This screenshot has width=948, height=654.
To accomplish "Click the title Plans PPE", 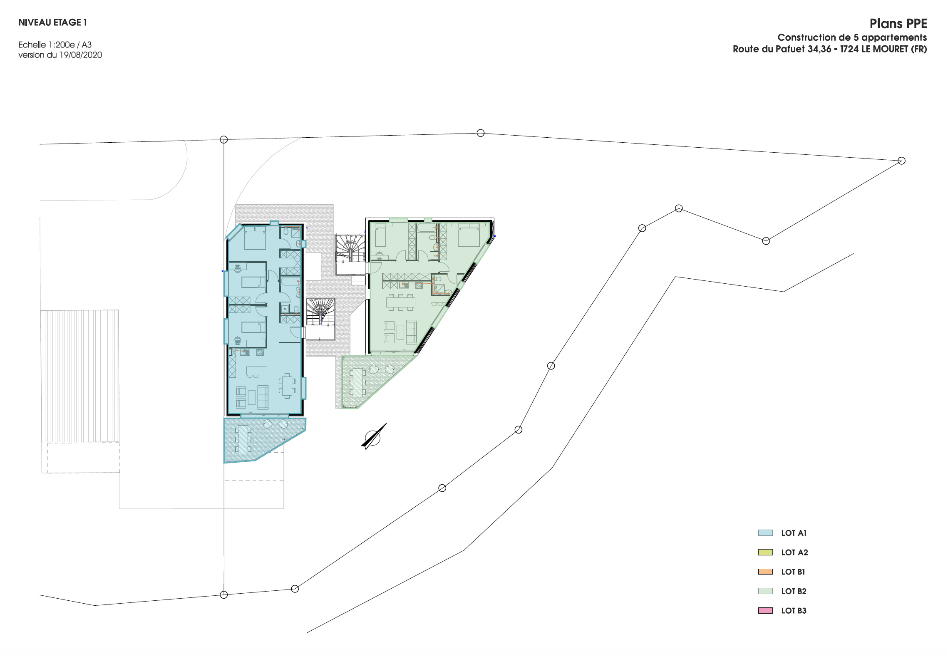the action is coord(898,24).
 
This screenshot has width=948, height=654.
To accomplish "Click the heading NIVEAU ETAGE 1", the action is coord(52,22).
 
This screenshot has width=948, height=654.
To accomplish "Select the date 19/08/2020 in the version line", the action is coord(81,55).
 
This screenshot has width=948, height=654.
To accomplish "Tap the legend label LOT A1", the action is coord(794,533).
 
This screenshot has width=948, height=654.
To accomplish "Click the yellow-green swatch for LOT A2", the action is coord(765,552).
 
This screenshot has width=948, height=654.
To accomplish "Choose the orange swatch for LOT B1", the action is coord(765,572).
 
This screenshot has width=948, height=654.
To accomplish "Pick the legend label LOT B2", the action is coord(794,591).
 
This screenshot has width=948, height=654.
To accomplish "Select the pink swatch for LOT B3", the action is coord(765,610).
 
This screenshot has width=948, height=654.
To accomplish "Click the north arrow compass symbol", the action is coord(373,437).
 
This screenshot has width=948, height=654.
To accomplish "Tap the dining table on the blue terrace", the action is coord(243,439).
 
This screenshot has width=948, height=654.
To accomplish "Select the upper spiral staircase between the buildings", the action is coord(350,248).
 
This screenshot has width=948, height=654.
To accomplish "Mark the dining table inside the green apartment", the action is coord(400,302).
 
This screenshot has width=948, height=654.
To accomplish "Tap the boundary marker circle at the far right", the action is coord(901,161).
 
